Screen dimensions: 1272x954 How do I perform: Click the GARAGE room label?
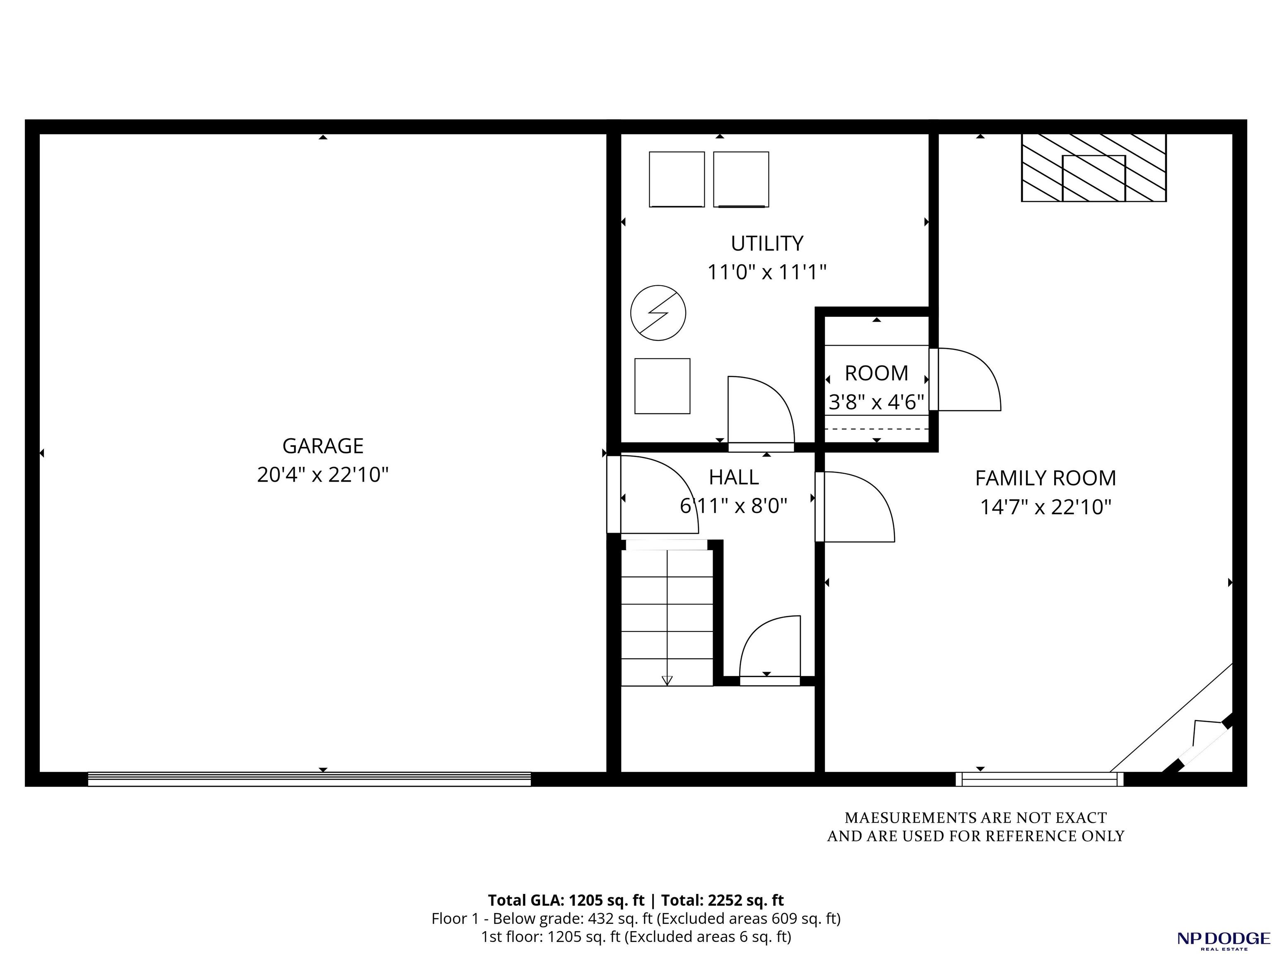[323, 446]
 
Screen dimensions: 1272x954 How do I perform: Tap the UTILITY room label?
[766, 243]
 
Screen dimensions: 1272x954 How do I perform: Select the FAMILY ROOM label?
[1046, 478]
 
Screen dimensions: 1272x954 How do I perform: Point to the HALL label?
[733, 477]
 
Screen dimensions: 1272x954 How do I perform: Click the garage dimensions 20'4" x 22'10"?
[323, 475]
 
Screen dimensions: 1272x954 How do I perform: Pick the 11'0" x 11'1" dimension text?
[766, 272]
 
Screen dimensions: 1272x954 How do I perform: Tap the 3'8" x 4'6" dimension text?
[876, 401]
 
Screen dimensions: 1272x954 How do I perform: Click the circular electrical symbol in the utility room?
[658, 313]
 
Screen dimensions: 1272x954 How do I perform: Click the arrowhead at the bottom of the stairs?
[667, 680]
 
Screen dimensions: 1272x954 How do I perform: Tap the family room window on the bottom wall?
[1039, 779]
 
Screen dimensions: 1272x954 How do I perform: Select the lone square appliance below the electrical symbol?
[662, 386]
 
